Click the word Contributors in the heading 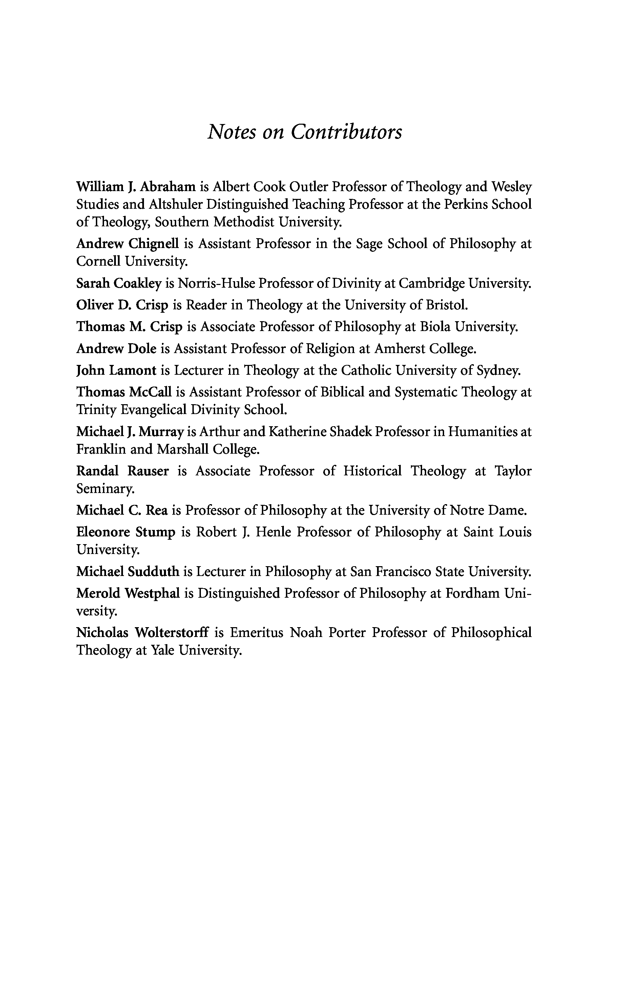point(346,132)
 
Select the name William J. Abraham point(136,187)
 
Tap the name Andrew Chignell point(128,244)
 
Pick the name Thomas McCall point(124,392)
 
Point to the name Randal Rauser point(122,471)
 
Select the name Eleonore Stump point(125,532)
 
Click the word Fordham point(472,593)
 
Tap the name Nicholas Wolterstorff point(142,633)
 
